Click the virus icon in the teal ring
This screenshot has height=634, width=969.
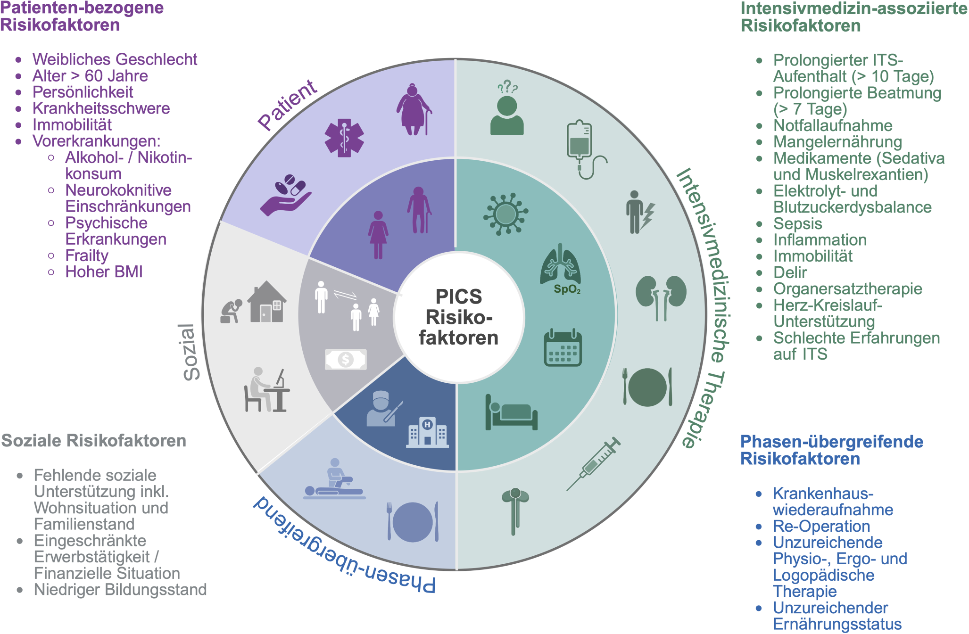pos(505,214)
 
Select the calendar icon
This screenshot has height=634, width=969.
pos(563,347)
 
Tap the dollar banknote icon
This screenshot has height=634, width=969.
pos(346,360)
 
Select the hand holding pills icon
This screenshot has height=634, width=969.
pos(286,195)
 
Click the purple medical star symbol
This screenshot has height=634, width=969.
pos(344,138)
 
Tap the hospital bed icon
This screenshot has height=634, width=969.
pos(511,413)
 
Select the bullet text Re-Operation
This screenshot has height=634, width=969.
pos(821,526)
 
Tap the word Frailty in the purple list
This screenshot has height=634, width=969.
pos(87,255)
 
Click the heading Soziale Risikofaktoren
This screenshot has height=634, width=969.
pos(94,441)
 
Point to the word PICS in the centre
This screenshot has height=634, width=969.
pos(458,297)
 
